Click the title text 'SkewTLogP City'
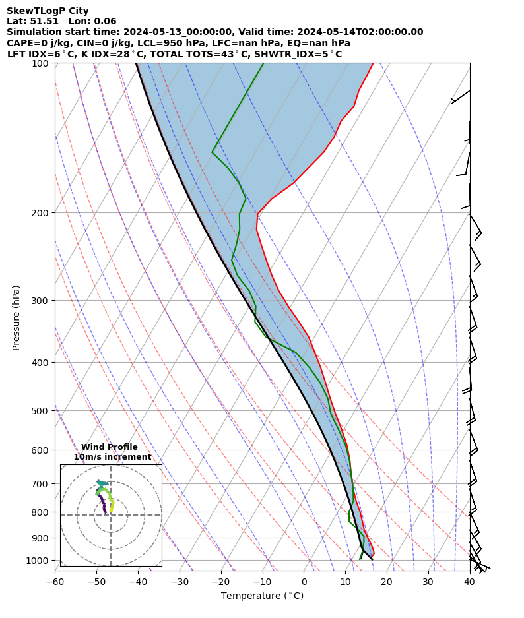pyautogui.click(x=48, y=11)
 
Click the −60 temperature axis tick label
pyautogui.click(x=55, y=582)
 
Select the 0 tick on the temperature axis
pyautogui.click(x=304, y=582)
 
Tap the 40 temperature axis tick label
pyautogui.click(x=470, y=582)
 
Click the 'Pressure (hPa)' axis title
pyautogui.click(x=16, y=317)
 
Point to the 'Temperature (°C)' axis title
pyautogui.click(x=262, y=596)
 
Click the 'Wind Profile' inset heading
pyautogui.click(x=110, y=447)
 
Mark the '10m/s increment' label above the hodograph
pyautogui.click(x=112, y=457)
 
